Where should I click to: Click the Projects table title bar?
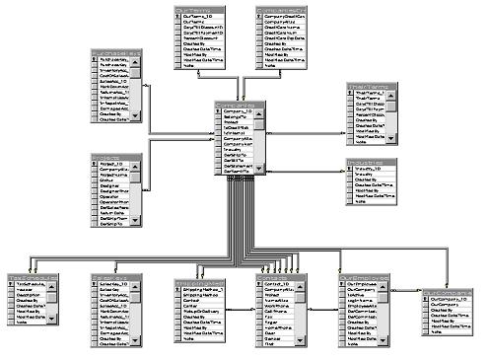[115, 156]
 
